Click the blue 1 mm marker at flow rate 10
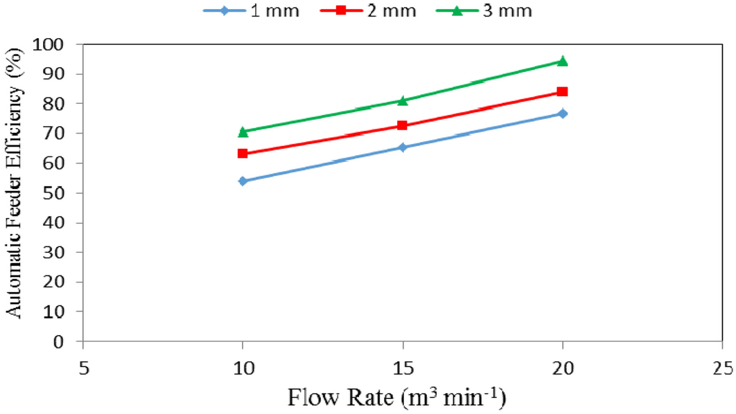tap(243, 181)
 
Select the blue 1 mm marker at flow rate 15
tap(403, 147)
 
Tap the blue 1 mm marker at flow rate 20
tap(563, 114)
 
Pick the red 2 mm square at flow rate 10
tap(243, 153)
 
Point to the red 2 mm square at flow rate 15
tap(403, 125)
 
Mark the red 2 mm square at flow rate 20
tap(563, 91)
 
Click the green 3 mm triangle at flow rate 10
tap(243, 132)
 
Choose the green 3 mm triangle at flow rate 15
tap(403, 100)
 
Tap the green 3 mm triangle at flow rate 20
tap(563, 61)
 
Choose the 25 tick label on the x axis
tap(723, 366)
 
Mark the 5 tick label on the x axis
tap(82, 366)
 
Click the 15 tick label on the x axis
tap(403, 366)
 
